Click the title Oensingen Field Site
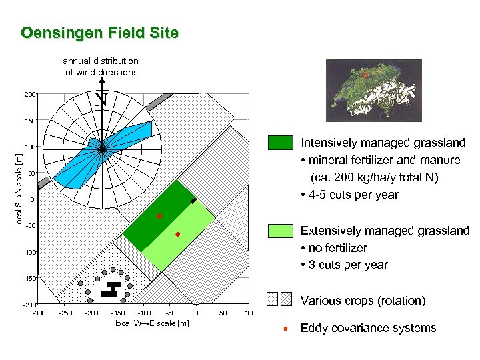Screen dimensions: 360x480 99,33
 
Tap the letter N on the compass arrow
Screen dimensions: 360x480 101,101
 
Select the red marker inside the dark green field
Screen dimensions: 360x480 159,216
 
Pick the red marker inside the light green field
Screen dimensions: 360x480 178,235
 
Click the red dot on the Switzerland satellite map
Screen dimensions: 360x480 365,75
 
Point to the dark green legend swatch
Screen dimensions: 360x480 280,143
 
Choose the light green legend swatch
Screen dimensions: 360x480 280,231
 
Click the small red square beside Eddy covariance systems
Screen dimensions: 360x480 285,328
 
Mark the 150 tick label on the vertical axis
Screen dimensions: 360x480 29,121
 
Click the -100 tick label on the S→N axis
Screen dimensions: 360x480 27,252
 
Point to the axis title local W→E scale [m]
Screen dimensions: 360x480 152,323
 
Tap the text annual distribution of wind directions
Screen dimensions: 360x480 101,66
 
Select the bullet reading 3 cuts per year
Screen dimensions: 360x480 344,265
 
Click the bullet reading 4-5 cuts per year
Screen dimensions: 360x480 350,195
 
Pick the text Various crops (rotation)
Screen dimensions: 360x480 363,300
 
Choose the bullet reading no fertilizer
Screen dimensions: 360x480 334,247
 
